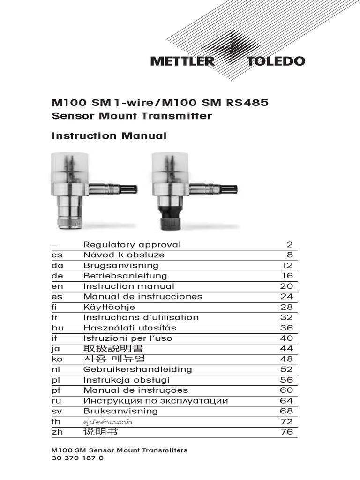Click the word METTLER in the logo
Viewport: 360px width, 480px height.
(182, 61)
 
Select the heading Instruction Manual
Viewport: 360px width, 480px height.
(109, 136)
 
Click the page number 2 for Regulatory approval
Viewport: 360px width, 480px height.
(289, 245)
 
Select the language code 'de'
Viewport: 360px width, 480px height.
(57, 276)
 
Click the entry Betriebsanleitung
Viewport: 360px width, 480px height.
(125, 276)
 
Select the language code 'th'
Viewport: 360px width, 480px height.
(56, 421)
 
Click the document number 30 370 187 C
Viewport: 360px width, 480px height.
(77, 458)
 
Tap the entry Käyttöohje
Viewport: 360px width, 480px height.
(109, 307)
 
